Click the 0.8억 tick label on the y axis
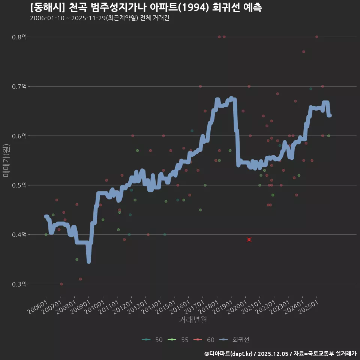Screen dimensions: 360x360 point(19,37)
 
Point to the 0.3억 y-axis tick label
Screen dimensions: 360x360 point(19,284)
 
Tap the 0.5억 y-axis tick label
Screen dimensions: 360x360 point(19,185)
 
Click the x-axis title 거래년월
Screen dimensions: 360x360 point(193,319)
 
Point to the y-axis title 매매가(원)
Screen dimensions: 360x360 point(6,160)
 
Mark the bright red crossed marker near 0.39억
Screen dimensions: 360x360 point(249,240)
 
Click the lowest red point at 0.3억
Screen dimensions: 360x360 point(61,284)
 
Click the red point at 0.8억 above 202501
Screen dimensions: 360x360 point(317,37)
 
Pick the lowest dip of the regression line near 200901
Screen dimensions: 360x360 point(88,261)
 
